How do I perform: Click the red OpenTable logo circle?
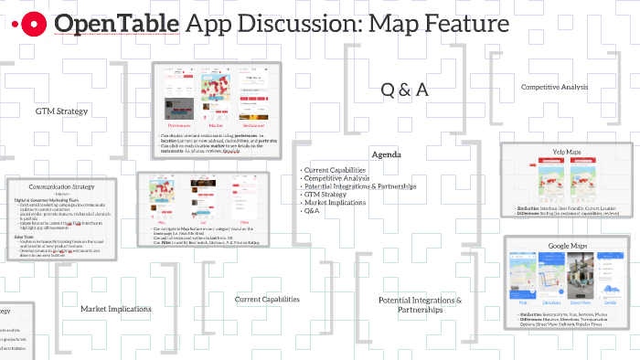coord(33,25)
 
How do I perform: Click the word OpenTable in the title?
coord(116,25)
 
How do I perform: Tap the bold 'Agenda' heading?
coord(386,155)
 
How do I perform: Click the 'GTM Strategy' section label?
coord(61,111)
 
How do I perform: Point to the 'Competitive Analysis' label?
coord(554,87)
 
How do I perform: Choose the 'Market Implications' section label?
coord(115,309)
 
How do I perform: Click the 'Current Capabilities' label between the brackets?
coord(267,299)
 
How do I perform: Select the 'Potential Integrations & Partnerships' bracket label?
coord(420,304)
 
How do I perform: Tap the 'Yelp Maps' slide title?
coord(566,152)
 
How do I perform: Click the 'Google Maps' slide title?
coord(566,245)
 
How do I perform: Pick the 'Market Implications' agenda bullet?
coord(336,202)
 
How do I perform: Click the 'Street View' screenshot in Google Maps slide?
coord(580,279)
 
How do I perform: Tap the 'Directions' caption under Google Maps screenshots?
coord(552,301)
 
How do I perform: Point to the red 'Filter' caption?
coord(244,220)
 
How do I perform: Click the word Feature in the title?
coord(454,25)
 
